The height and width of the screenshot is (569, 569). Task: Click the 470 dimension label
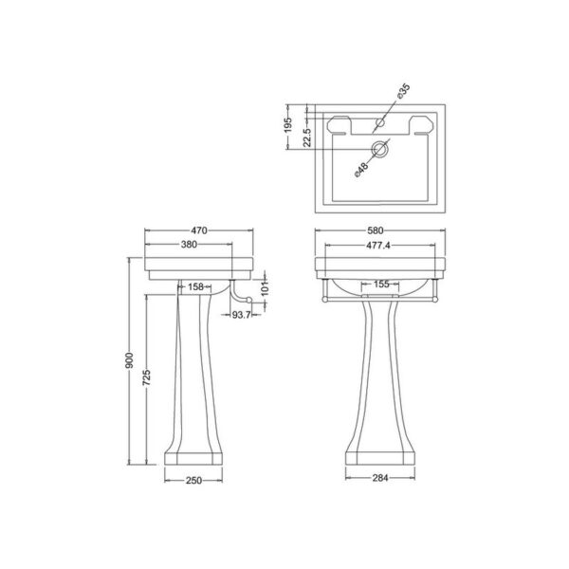coord(198,229)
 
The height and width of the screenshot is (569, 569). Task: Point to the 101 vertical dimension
coord(267,285)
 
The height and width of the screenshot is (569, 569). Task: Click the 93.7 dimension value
coord(241,316)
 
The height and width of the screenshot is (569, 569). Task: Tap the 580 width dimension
coord(381,229)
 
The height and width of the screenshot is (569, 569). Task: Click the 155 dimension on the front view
coord(381,284)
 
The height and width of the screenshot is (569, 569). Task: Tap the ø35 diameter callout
coord(402,92)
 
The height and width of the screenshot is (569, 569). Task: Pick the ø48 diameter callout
coord(361,172)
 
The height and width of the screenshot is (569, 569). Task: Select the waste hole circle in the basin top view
coord(380,148)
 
